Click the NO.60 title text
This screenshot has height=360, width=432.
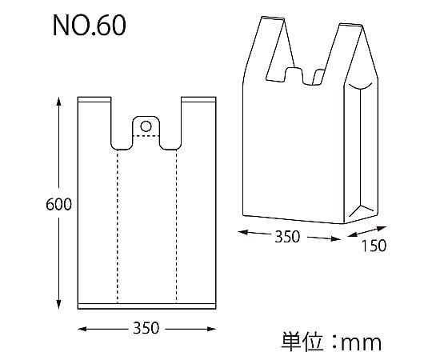click(x=90, y=26)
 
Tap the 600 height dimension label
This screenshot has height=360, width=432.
click(x=58, y=204)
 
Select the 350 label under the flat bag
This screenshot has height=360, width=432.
click(x=146, y=328)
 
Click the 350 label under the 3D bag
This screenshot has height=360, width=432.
click(x=287, y=237)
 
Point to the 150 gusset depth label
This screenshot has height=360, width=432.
click(x=374, y=246)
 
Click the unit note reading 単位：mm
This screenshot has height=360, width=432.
click(x=331, y=342)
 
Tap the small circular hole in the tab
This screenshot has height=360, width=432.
click(x=146, y=126)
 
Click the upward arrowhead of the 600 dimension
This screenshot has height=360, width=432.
click(x=58, y=102)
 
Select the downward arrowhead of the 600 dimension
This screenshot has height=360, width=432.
click(x=58, y=304)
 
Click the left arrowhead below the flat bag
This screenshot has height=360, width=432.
click(x=82, y=329)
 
